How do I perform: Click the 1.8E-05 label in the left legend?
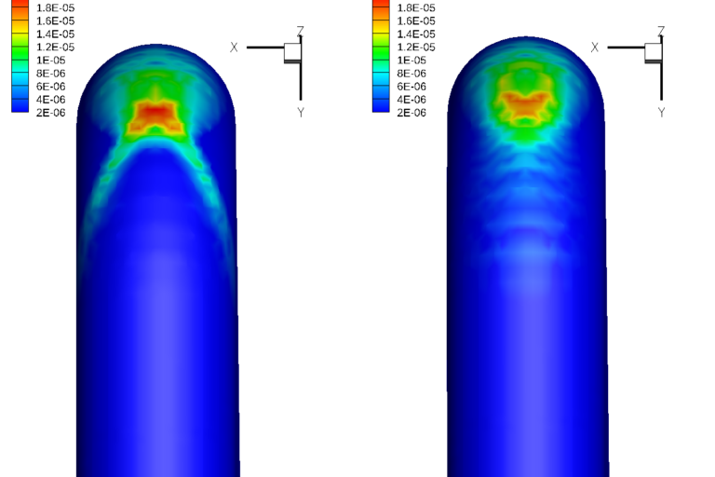point(55,7)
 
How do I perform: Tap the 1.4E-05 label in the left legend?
point(55,34)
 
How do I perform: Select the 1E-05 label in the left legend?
point(50,61)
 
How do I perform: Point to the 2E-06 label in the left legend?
point(50,113)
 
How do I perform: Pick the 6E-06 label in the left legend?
point(50,87)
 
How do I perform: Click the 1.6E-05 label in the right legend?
point(416,21)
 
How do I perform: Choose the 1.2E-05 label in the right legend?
point(416,47)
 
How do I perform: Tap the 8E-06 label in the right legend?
point(411,74)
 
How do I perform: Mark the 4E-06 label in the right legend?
point(411,100)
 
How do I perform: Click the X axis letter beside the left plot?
point(234,48)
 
